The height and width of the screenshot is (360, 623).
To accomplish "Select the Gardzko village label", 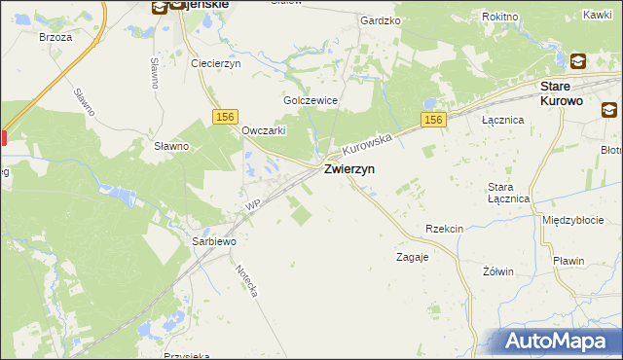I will [381, 19].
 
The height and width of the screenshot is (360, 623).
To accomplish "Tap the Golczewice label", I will [310, 100].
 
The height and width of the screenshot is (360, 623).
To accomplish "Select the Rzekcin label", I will [443, 229].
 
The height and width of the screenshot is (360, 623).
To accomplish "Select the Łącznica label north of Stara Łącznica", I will [503, 120].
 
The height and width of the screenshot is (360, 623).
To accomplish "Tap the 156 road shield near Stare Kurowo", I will [434, 120].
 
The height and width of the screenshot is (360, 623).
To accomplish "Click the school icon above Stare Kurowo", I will [578, 61].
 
